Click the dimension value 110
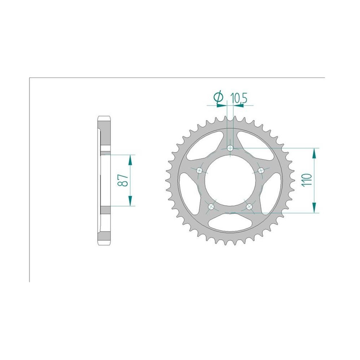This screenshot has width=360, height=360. pyautogui.click(x=307, y=180)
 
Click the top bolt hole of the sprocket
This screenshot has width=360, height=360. pyautogui.click(x=230, y=148)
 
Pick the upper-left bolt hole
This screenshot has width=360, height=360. pyautogui.click(x=199, y=170)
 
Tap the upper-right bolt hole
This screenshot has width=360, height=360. pyautogui.click(x=261, y=170)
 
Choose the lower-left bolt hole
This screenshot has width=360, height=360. pyautogui.click(x=211, y=207)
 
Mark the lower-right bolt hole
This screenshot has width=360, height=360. pyautogui.click(x=249, y=207)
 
